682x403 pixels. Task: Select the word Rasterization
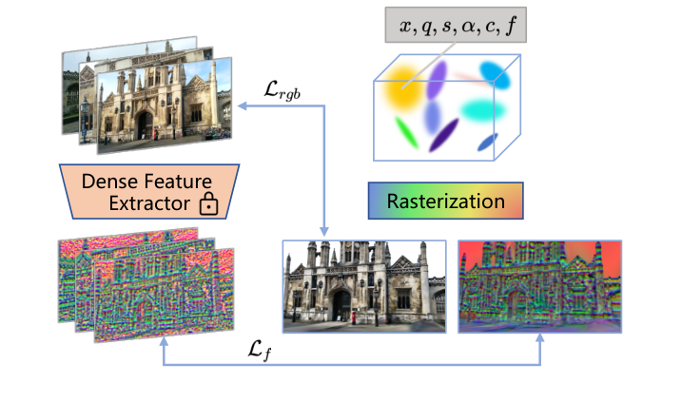pyautogui.click(x=445, y=201)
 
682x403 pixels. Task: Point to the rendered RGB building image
pyautogui.click(x=364, y=285)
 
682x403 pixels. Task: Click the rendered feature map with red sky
pyautogui.click(x=538, y=285)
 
